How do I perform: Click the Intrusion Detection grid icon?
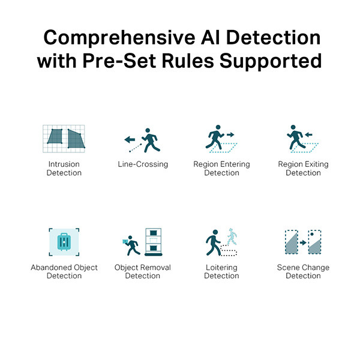click(64, 139)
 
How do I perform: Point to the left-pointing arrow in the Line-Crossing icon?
click(130, 139)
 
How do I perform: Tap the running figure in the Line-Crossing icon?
click(151, 140)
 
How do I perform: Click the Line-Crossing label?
click(143, 164)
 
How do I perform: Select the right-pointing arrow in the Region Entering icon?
click(230, 134)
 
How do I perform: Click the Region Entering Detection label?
click(221, 168)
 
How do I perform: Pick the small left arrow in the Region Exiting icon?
click(309, 134)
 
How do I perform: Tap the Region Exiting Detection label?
click(303, 168)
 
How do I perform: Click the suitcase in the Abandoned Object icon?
click(64, 242)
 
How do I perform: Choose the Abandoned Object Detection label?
click(64, 271)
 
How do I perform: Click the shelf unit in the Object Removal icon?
click(154, 242)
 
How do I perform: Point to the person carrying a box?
click(131, 245)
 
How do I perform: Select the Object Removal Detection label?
click(143, 271)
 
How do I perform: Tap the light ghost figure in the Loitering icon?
click(232, 236)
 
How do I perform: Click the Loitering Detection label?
click(221, 271)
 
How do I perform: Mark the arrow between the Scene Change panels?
click(303, 242)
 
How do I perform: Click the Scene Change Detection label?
click(303, 271)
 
